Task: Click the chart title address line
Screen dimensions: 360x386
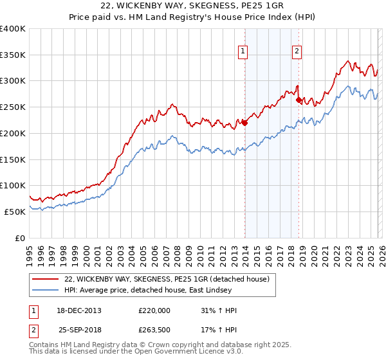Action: coord(192,6)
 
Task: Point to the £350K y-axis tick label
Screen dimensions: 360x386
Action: coord(13,55)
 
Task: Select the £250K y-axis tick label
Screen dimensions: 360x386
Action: coord(13,107)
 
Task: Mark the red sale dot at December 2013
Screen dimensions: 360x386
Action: coord(244,123)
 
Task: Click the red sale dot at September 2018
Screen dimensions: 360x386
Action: coord(299,100)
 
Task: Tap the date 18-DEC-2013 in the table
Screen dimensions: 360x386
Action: coord(77,310)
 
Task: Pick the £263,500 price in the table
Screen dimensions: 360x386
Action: coord(154,330)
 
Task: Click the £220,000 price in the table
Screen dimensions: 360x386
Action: coord(154,310)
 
